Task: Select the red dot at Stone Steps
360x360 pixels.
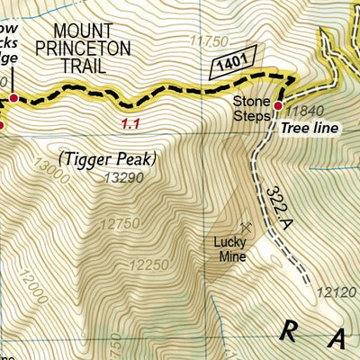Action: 278,106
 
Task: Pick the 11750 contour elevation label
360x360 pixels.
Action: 210,40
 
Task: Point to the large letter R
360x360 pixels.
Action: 288,332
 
